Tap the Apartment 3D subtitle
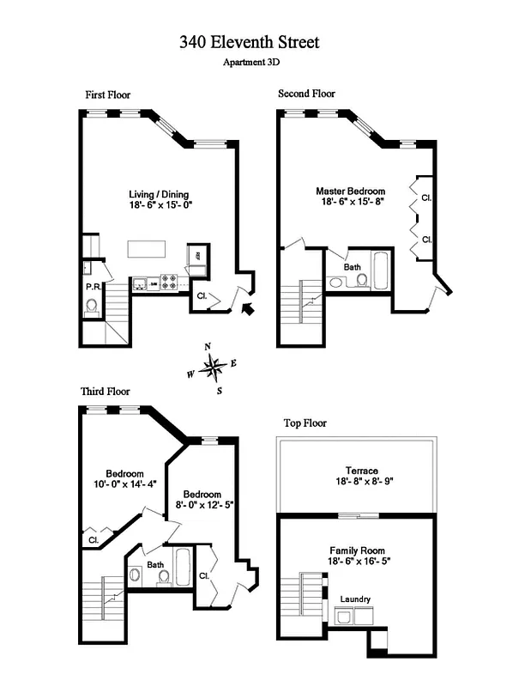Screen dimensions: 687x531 251,62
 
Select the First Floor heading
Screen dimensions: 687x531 107,94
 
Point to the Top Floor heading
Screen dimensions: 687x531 305,423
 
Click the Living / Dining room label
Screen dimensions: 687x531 159,194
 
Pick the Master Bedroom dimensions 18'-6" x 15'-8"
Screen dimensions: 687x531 350,203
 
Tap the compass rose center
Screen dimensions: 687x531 212,368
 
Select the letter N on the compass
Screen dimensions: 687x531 208,346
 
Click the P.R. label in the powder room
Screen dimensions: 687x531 93,287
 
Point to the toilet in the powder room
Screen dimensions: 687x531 93,306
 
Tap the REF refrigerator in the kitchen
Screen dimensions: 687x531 197,256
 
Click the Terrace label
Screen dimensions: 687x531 357,471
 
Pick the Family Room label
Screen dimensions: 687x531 357,550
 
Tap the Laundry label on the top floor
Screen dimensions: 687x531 354,599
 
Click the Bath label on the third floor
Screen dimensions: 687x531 154,564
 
